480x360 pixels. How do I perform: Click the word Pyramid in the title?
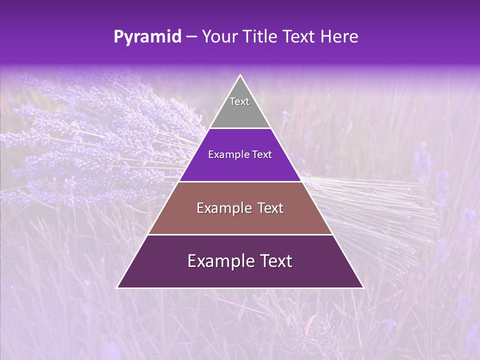147,37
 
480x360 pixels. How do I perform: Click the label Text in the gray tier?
239,101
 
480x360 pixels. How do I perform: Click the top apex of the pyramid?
240,75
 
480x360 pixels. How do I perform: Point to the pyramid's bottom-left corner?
118,287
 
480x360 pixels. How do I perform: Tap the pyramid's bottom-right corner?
362,287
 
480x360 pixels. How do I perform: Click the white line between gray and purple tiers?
240,128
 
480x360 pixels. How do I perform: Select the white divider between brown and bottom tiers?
240,234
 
